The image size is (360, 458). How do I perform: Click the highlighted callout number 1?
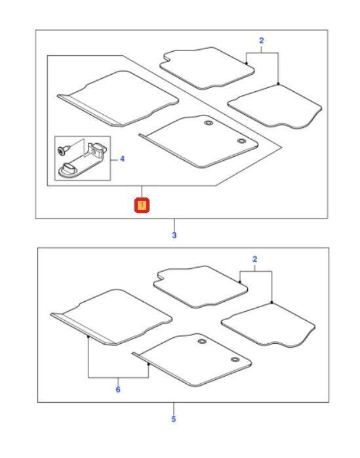[x=142, y=205]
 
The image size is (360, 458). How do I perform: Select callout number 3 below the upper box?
[x=174, y=235]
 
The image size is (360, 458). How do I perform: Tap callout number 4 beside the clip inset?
[x=122, y=159]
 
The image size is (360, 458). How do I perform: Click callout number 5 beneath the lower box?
[x=173, y=419]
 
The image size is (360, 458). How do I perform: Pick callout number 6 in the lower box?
[x=118, y=389]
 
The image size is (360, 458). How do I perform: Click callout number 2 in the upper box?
[x=262, y=41]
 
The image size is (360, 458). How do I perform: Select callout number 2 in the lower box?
[x=255, y=259]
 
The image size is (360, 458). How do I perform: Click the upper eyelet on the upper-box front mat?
[x=208, y=123]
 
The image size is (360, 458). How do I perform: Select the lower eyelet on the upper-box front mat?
[x=241, y=141]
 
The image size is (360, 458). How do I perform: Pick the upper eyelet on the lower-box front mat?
[x=202, y=341]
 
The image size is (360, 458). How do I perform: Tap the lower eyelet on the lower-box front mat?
[x=235, y=360]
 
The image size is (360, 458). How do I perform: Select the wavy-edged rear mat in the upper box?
[x=275, y=106]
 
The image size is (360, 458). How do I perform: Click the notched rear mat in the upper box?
[x=207, y=68]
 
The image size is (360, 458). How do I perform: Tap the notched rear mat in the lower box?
[x=200, y=287]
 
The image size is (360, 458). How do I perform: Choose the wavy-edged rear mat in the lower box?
[x=268, y=325]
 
